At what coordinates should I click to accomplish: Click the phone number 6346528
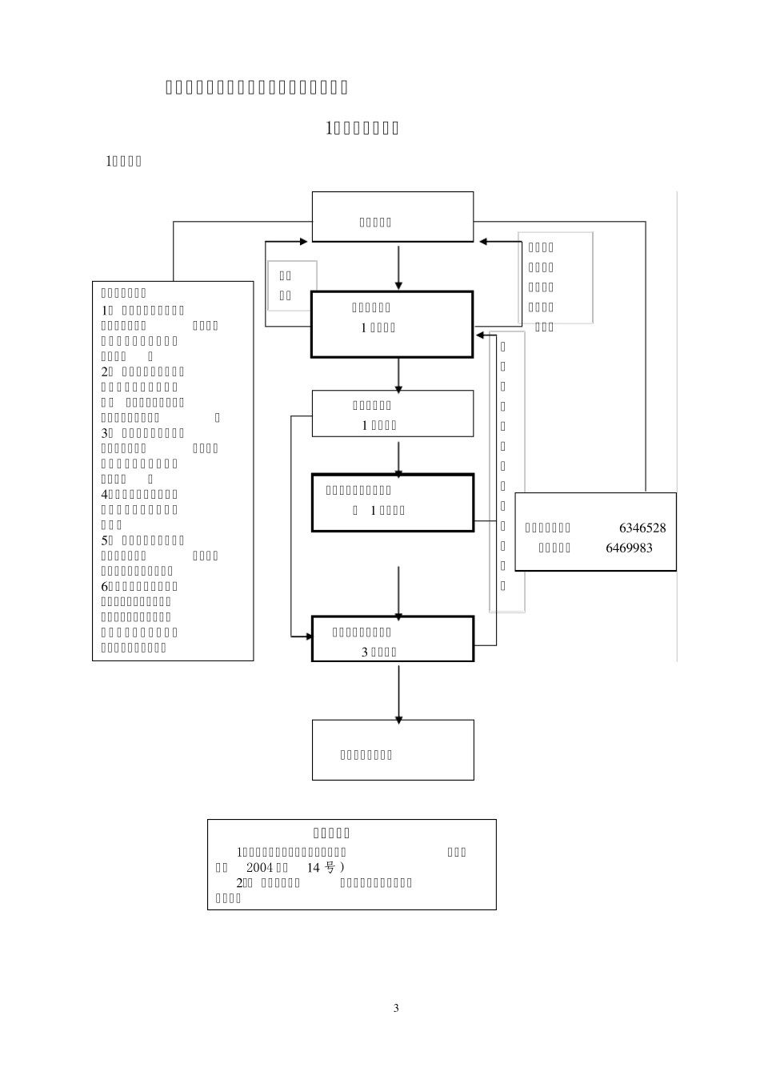(642, 528)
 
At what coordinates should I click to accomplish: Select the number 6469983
(629, 548)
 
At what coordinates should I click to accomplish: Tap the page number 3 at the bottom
(396, 1008)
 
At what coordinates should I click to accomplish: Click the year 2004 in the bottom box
(258, 868)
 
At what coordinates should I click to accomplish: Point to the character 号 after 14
(330, 868)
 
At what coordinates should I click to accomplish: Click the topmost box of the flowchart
(392, 217)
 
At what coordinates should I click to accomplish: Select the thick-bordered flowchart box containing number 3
(392, 639)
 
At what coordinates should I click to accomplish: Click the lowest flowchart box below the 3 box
(392, 749)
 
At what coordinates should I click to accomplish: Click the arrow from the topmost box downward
(398, 267)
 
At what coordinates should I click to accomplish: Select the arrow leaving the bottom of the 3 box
(398, 693)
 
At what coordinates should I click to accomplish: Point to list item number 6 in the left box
(105, 587)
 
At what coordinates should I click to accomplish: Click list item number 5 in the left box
(105, 540)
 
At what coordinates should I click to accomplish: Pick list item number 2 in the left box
(105, 371)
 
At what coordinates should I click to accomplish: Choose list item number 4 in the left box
(105, 495)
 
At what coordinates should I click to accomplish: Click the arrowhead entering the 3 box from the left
(306, 636)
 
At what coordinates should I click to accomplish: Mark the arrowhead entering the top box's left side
(305, 241)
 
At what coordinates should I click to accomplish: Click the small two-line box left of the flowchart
(292, 286)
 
